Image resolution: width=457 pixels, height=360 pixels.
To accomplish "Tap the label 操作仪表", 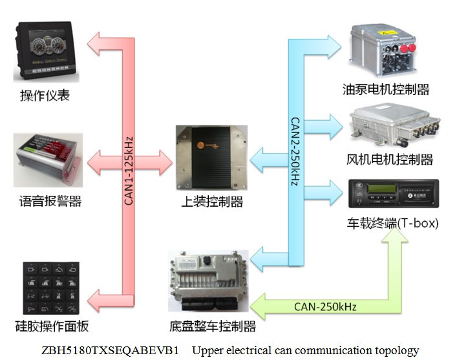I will [45, 96].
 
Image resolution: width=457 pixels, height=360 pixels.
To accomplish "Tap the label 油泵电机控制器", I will [387, 89].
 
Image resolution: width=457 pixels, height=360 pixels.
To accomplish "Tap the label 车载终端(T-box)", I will [392, 224].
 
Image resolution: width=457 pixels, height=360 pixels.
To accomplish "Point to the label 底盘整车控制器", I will [207, 326].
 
